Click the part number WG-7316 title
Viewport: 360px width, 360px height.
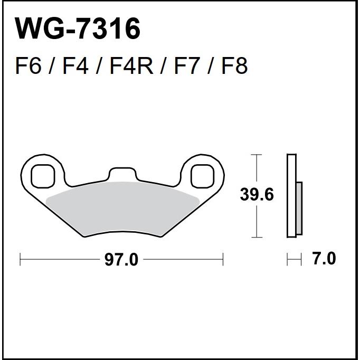(77, 29)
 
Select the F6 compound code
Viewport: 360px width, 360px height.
(29, 66)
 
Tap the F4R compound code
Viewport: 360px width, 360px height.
(131, 66)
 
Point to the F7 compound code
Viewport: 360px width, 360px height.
(186, 66)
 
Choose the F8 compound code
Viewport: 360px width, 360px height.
(235, 66)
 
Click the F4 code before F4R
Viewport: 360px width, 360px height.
(75, 66)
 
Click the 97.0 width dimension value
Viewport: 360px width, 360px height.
(121, 260)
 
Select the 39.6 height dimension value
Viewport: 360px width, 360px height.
(257, 194)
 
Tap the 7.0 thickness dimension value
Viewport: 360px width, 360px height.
(325, 259)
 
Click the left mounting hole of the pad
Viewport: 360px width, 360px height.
(43, 176)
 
